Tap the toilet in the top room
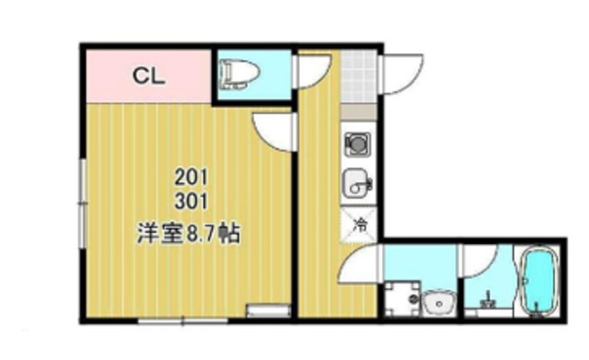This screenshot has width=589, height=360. click(x=238, y=74)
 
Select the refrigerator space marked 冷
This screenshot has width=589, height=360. click(x=361, y=223)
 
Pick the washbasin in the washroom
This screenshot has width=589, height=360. click(x=438, y=302)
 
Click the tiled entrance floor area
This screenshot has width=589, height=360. click(x=358, y=78)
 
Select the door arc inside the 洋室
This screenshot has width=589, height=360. click(x=274, y=132)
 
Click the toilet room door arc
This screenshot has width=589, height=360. click(x=312, y=73)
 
